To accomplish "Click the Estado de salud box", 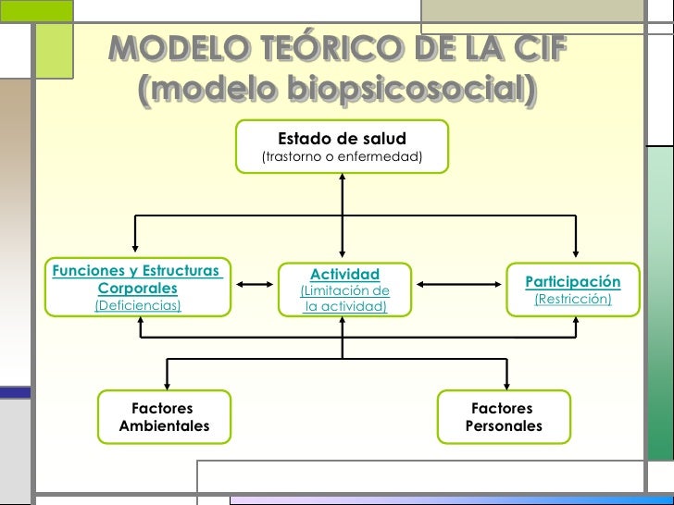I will tap(342, 147).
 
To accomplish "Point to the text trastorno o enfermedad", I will tap(342, 158).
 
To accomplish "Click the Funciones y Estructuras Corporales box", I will tap(138, 288).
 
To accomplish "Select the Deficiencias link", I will tap(138, 305).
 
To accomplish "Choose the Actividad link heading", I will tap(344, 274).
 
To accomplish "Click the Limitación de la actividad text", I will tap(345, 299).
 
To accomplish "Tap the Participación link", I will tap(573, 281).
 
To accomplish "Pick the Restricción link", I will tap(573, 300).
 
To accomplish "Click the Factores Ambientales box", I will tap(164, 417).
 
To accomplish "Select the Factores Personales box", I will tap(504, 417).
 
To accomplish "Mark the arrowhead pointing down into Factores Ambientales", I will tap(167, 383).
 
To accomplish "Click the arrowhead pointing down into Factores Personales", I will tap(505, 383).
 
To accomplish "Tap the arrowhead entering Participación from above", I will tap(576, 255).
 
